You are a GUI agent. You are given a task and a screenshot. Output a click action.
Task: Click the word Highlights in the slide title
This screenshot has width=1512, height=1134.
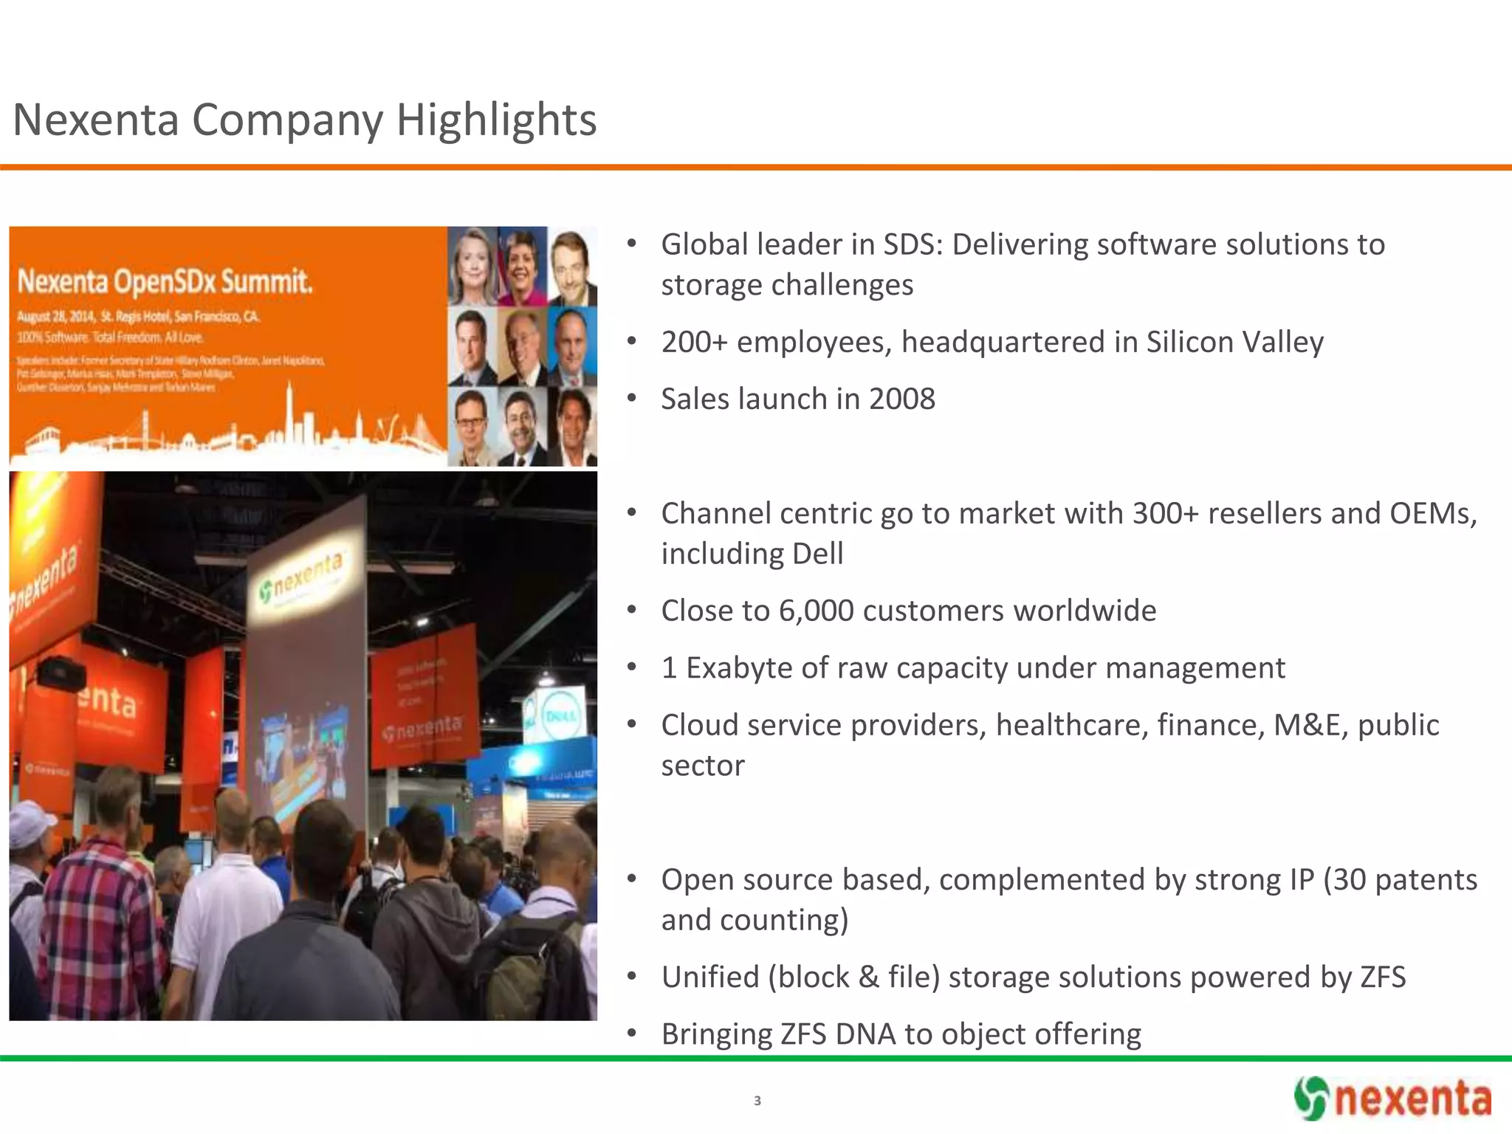pyautogui.click(x=496, y=120)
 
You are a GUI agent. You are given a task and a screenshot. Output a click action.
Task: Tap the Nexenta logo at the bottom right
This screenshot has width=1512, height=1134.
pyautogui.click(x=1392, y=1099)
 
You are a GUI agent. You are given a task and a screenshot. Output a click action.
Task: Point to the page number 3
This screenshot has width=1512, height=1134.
pyautogui.click(x=757, y=1101)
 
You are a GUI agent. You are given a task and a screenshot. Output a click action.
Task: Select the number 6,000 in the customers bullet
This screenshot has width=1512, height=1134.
pyautogui.click(x=816, y=611)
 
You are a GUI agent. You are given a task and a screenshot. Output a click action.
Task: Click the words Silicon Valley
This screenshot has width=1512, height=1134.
pyautogui.click(x=1234, y=343)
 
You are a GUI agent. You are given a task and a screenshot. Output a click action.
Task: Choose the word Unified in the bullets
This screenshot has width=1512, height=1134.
pyautogui.click(x=710, y=977)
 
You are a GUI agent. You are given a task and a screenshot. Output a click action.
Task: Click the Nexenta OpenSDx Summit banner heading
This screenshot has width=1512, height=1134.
pyautogui.click(x=165, y=281)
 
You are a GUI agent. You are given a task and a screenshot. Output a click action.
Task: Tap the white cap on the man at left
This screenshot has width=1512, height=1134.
pyautogui.click(x=30, y=816)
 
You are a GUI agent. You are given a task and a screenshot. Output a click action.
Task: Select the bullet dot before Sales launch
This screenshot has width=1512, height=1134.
pyautogui.click(x=631, y=399)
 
